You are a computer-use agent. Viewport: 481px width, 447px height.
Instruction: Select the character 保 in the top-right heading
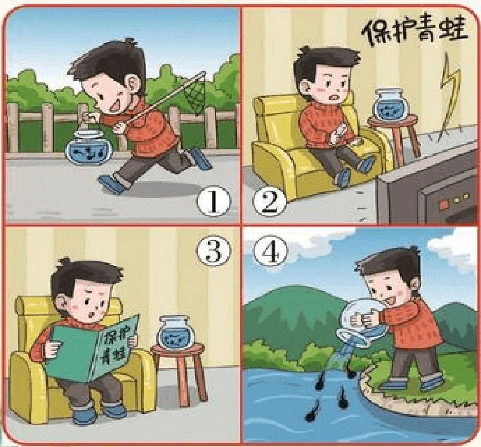(x=374, y=33)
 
